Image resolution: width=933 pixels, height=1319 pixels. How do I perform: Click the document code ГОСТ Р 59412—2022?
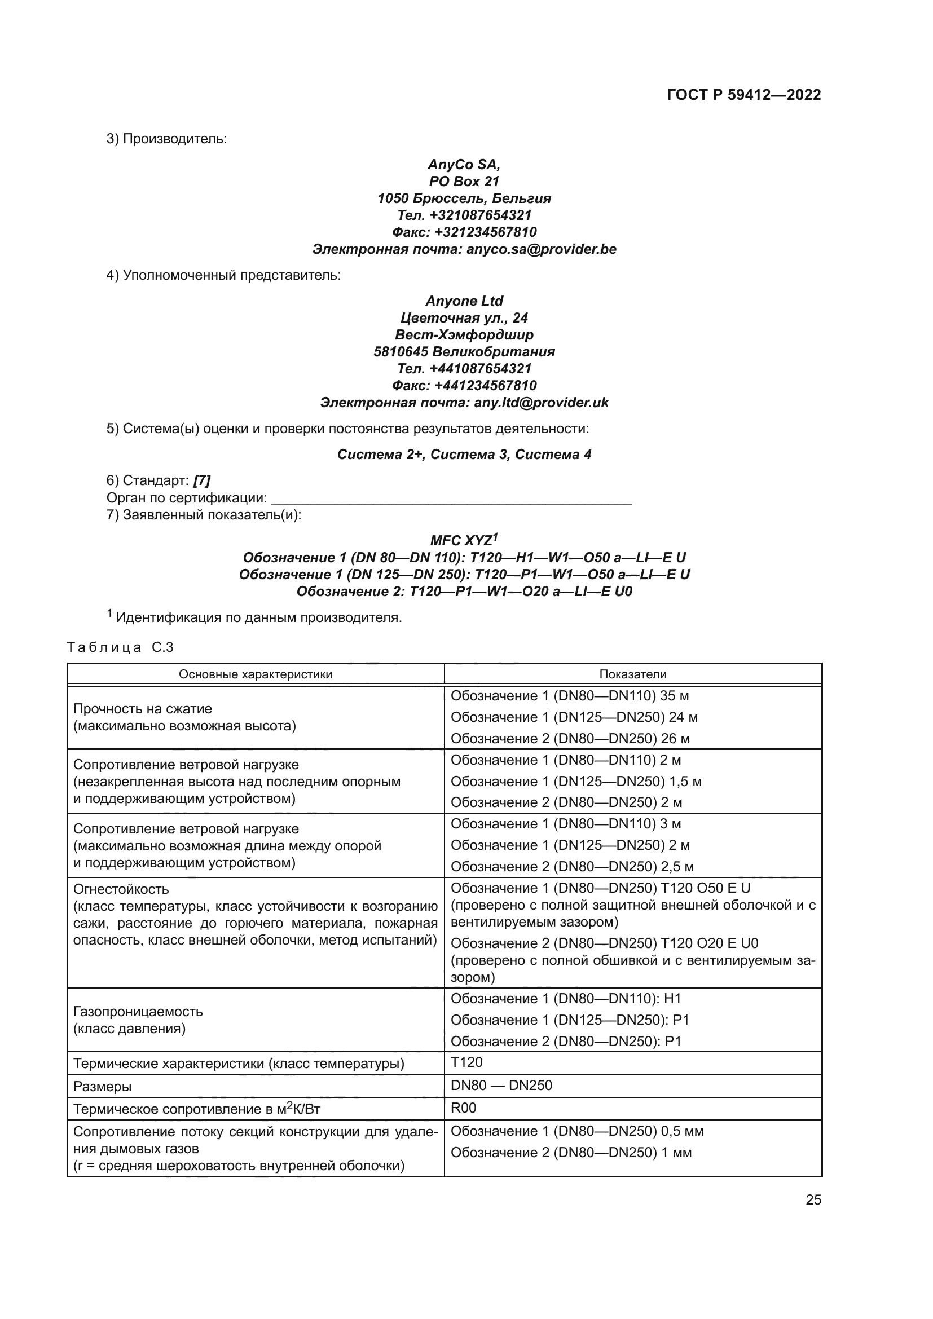(x=744, y=95)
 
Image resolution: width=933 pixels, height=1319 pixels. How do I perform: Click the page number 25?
(x=813, y=1199)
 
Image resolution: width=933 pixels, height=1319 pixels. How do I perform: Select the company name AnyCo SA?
(x=464, y=165)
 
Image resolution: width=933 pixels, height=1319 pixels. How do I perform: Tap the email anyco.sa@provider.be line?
(x=464, y=249)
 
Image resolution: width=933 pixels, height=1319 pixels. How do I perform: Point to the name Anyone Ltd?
(x=464, y=301)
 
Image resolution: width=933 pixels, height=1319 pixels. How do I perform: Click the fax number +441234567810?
(x=464, y=386)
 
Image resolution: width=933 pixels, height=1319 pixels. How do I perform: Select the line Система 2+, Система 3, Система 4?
(x=464, y=455)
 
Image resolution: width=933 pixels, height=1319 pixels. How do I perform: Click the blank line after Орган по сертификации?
(x=451, y=499)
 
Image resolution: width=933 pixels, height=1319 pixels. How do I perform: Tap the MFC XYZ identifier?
(x=464, y=541)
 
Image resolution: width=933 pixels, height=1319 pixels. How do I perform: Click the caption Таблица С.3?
(x=120, y=647)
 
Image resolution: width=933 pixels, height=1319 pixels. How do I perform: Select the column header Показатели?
(x=632, y=674)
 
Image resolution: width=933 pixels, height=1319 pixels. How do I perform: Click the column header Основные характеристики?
(x=255, y=674)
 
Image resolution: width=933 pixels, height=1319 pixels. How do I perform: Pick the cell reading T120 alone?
(x=466, y=1062)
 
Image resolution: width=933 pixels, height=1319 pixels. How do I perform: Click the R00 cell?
(x=463, y=1108)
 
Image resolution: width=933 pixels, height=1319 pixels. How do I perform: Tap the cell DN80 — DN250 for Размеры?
(x=501, y=1085)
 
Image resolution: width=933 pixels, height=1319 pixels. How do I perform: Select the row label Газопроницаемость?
(x=138, y=1012)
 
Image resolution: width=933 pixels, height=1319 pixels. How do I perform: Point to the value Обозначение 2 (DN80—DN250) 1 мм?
(x=570, y=1153)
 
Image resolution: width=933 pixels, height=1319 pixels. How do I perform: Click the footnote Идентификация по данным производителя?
(x=258, y=617)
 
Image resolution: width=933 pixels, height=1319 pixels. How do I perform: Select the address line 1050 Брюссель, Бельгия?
(x=464, y=198)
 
